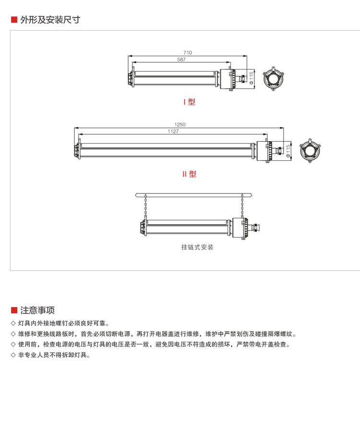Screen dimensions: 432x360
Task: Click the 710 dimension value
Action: point(187,52)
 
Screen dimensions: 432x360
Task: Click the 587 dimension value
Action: point(181,60)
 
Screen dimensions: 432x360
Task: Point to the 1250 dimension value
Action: point(180,125)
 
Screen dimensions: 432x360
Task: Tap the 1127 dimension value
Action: point(173,132)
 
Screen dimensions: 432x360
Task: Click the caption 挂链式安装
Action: point(197,248)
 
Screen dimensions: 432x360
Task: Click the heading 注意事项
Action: point(37,310)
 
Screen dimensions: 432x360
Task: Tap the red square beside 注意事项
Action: point(14,310)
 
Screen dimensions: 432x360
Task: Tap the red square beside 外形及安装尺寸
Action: point(14,20)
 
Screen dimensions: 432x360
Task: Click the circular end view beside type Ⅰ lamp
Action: point(274,78)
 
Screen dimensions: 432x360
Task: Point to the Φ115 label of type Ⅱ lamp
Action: point(288,150)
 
